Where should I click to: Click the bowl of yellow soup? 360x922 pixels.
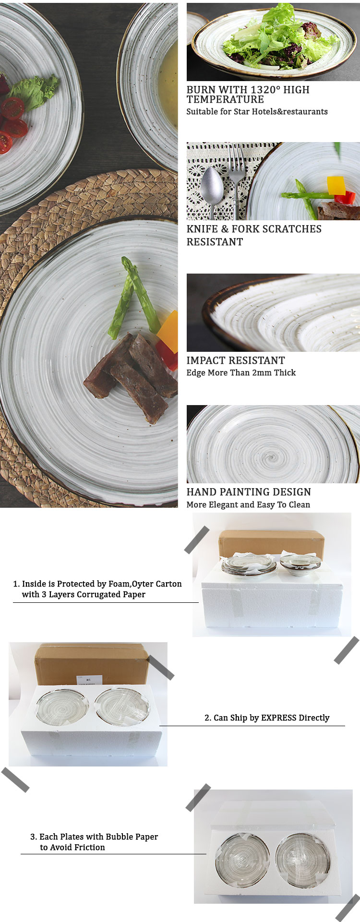tap(149, 82)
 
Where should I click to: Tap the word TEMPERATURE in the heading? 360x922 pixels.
tap(225, 99)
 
